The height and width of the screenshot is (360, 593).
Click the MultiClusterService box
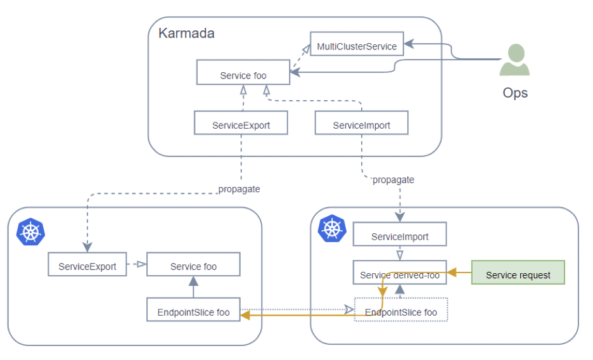tap(357, 46)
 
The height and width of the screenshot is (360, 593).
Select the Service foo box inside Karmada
tap(243, 75)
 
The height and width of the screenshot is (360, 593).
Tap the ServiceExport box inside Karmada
tap(241, 125)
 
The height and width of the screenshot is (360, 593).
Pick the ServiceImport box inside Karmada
tap(361, 125)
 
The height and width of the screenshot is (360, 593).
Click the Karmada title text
tap(186, 33)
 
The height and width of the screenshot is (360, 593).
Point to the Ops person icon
tap(514, 60)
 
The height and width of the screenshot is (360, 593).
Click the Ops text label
tap(515, 93)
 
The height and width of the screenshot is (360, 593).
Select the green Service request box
tap(518, 275)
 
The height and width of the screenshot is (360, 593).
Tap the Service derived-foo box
tap(400, 274)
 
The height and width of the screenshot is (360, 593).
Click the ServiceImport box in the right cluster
tap(400, 236)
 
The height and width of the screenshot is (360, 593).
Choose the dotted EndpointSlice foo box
tap(400, 312)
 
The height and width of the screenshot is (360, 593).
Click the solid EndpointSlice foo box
tap(193, 312)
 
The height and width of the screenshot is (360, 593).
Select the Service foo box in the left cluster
tap(193, 266)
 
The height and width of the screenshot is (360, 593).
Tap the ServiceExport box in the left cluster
tap(87, 266)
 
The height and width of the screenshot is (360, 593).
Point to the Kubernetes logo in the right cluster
tap(332, 229)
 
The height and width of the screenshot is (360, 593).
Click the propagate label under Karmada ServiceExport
tap(239, 189)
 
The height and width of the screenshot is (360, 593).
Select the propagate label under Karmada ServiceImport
tap(393, 179)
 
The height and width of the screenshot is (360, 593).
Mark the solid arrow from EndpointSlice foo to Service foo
tap(193, 287)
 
